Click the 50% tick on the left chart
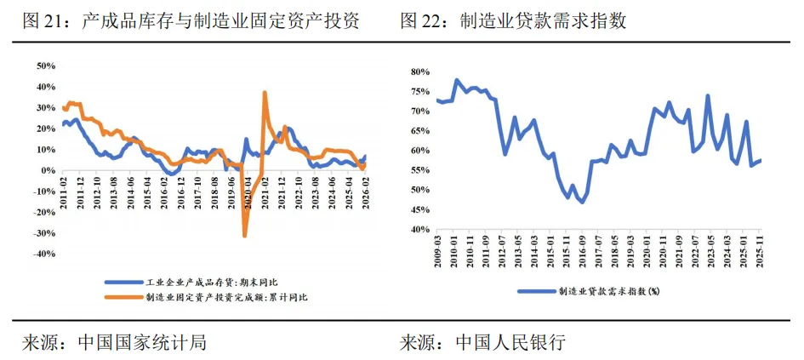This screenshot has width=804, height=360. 43,66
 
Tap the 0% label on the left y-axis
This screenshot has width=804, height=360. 47,170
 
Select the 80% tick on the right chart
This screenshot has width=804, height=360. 419,72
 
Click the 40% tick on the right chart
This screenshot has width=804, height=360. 419,229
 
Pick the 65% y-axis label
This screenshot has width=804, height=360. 419,131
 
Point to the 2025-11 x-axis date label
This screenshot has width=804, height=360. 760,252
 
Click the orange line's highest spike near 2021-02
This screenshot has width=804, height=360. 265,92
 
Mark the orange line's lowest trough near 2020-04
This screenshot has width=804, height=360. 245,236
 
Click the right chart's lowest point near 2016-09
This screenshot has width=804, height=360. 582,202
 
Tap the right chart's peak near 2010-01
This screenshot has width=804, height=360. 457,80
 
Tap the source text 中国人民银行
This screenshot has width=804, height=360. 510,343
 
